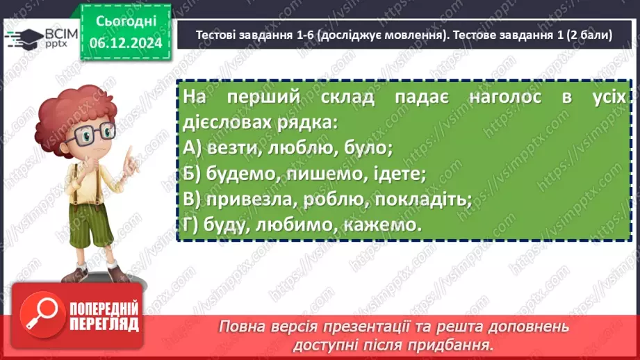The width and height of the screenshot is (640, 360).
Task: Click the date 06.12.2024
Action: click(x=126, y=42)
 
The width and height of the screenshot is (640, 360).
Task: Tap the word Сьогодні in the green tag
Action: click(x=126, y=22)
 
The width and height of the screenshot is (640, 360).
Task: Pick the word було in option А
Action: click(x=368, y=147)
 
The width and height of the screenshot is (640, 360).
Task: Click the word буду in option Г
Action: click(x=226, y=225)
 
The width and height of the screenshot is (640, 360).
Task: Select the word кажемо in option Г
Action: click(x=382, y=225)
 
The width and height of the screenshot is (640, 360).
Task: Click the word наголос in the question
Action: click(x=505, y=97)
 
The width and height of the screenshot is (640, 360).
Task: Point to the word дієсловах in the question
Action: click(x=227, y=122)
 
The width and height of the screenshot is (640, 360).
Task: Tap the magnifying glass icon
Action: click(x=42, y=314)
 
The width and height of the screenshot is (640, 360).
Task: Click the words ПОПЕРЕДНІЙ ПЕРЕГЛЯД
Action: click(x=104, y=316)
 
